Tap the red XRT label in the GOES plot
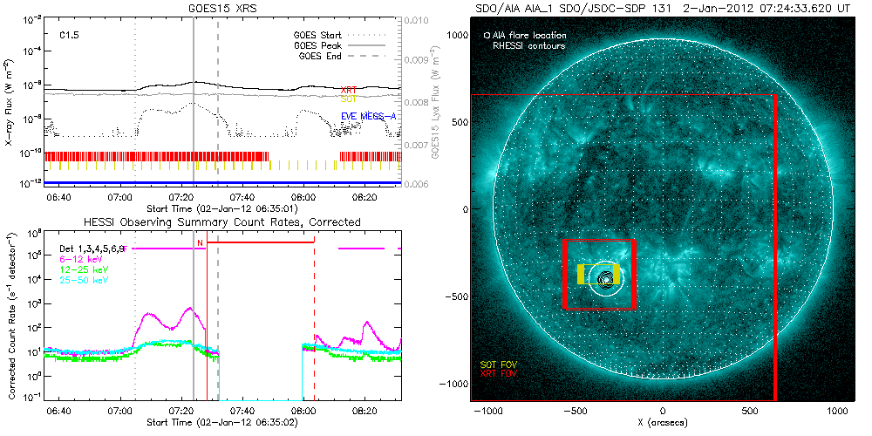click(348, 90)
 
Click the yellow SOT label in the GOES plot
click(348, 99)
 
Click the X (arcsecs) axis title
click(663, 422)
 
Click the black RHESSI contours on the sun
click(604, 279)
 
